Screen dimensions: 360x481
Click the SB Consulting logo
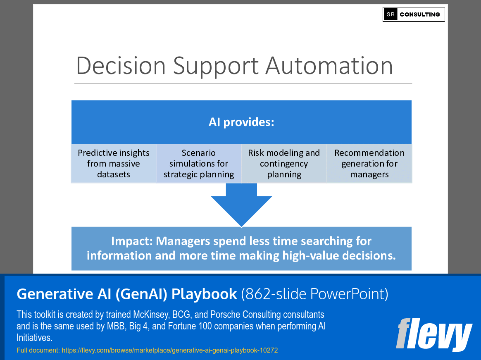point(414,14)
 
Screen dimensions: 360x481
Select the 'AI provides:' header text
point(241,122)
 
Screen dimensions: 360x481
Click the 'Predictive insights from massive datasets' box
point(114,164)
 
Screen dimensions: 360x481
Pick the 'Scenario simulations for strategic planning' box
point(199,164)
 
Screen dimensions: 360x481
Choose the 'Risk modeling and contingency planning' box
point(284,164)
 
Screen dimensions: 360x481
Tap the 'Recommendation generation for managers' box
point(369,164)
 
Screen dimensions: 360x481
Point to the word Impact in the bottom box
point(131,241)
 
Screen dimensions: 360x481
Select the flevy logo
point(433,334)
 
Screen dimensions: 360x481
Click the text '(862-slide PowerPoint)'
point(314,294)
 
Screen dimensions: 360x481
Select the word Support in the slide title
point(215,66)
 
